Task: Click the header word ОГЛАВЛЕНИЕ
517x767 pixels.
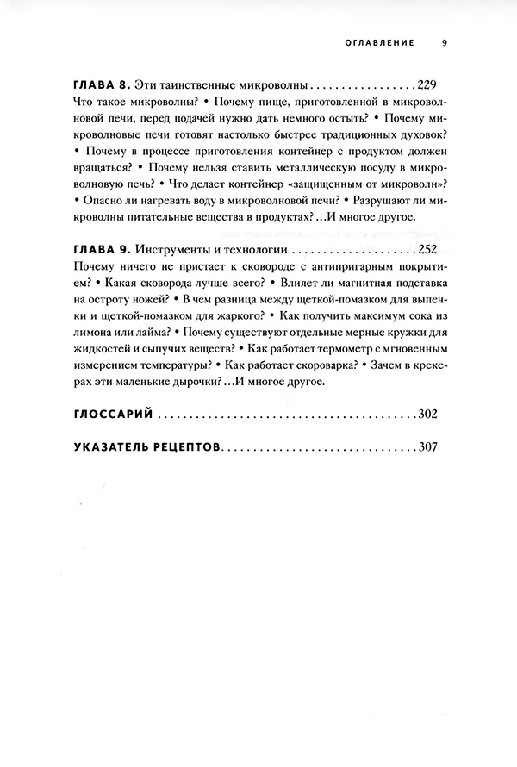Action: coord(380,41)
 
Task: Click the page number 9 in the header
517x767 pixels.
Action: coord(444,41)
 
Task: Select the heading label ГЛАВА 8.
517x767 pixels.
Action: coord(100,87)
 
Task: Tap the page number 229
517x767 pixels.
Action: coord(427,87)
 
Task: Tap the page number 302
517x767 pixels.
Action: coord(427,415)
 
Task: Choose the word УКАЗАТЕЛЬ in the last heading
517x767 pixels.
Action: coord(112,448)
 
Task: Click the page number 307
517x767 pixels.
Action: coord(427,448)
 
